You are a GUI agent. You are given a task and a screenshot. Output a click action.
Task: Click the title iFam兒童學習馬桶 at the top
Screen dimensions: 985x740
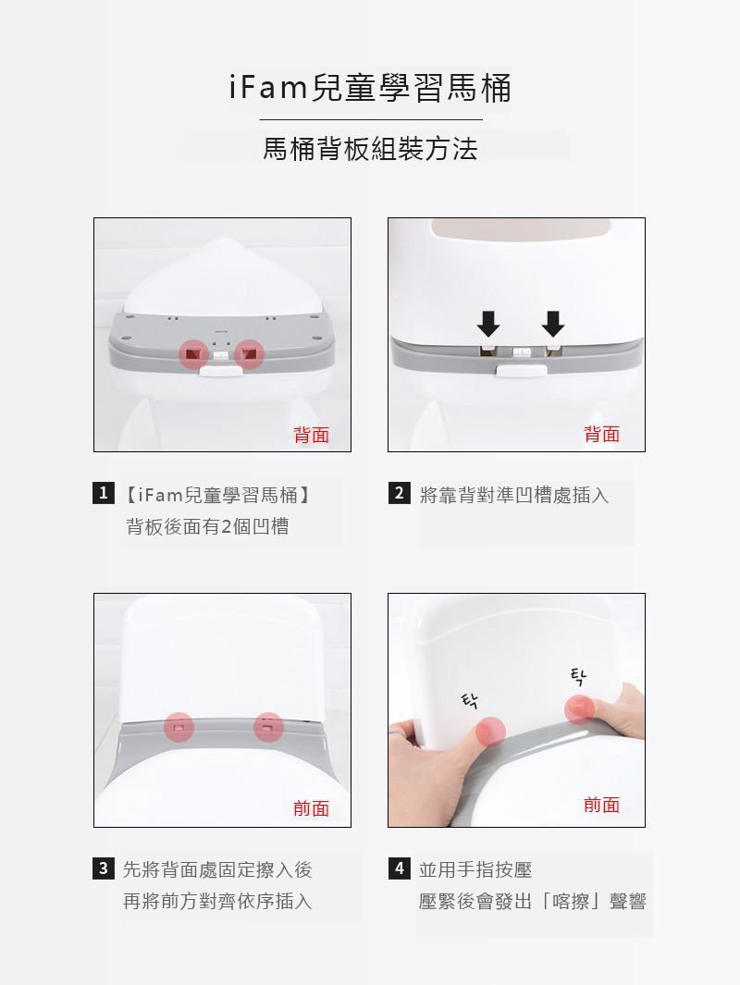(369, 89)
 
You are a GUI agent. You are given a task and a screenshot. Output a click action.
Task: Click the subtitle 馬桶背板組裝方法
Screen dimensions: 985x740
(370, 149)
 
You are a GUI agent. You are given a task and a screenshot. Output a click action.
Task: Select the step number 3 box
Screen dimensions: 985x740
(107, 868)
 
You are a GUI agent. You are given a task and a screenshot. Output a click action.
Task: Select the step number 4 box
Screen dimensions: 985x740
(399, 868)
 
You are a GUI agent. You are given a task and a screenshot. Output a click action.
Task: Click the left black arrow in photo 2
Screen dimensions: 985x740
(488, 324)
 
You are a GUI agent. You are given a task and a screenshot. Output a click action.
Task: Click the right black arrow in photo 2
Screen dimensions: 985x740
(552, 324)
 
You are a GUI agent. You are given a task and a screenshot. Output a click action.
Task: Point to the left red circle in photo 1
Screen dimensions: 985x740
(193, 353)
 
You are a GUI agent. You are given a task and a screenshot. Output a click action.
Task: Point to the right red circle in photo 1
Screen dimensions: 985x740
(250, 353)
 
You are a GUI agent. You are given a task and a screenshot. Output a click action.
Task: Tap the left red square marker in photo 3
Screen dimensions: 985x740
(179, 727)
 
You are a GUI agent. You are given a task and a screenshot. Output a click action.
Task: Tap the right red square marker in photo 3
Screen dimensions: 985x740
(268, 727)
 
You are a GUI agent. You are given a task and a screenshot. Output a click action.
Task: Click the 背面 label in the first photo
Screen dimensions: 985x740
(312, 434)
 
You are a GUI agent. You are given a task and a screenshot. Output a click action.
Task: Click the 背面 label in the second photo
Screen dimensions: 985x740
(602, 434)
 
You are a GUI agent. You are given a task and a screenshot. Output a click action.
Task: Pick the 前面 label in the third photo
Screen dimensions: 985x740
(312, 808)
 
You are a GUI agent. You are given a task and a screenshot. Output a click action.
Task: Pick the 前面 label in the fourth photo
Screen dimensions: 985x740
(602, 805)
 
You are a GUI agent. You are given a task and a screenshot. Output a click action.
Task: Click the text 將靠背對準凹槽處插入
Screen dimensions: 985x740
(514, 495)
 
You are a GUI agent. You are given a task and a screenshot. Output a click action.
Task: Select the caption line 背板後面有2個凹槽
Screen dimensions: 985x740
(207, 526)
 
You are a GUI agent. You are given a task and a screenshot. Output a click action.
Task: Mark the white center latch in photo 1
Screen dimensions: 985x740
(222, 369)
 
